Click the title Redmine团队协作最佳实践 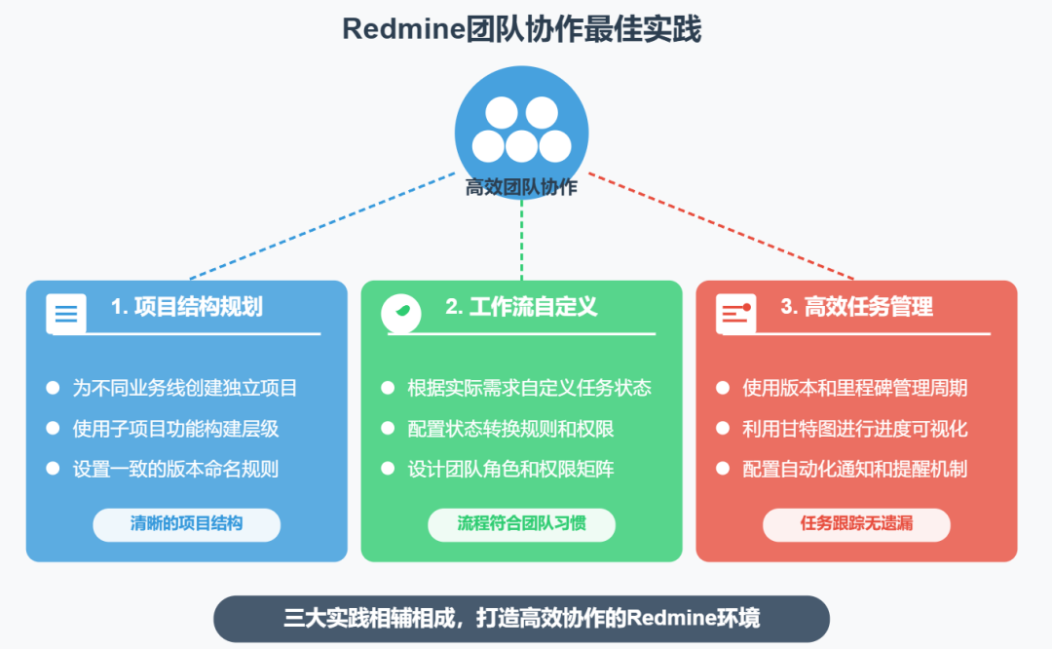tap(521, 29)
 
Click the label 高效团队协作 tap(521, 187)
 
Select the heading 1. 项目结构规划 tap(186, 307)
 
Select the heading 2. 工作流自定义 tap(521, 307)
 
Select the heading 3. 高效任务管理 tap(856, 307)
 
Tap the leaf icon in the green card tap(400, 313)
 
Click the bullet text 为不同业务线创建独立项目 tap(185, 388)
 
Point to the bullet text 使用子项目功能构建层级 tap(175, 429)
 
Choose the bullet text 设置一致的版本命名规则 tap(175, 469)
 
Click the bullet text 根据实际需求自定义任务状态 tap(529, 388)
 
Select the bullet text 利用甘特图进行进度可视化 tap(854, 429)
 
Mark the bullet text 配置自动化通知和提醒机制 tap(854, 469)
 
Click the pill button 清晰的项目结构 tap(186, 524)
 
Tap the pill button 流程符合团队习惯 tap(521, 524)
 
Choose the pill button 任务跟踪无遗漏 tap(856, 524)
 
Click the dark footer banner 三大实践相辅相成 tap(521, 619)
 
